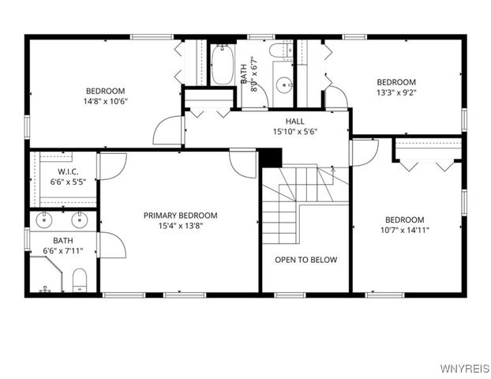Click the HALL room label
pos(294,122)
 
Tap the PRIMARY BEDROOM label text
pos(180,216)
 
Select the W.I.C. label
pos(67,172)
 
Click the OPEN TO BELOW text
pos(305,260)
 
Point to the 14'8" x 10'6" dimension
pos(106,101)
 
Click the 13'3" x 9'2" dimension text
pos(395,92)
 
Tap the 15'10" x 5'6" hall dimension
pos(294,131)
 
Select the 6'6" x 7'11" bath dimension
pos(63,251)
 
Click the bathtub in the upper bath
pos(220,66)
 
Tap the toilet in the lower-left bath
pos(79,280)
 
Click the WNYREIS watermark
pos(463,369)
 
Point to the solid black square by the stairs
pos(270,158)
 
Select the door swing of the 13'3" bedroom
pos(336,97)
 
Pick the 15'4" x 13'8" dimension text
pos(180,225)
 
